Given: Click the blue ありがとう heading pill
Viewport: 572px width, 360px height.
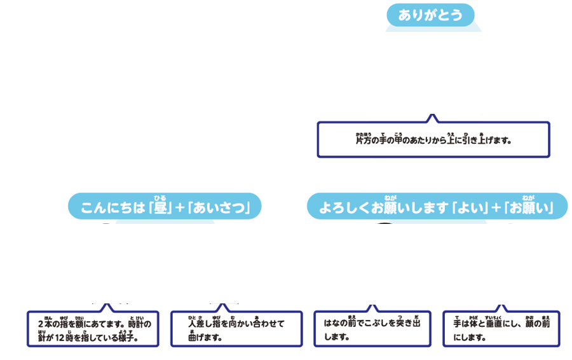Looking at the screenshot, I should click(430, 15).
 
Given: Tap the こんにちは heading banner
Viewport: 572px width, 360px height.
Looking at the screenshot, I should click(165, 207).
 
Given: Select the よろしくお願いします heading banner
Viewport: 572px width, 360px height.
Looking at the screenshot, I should click(437, 207).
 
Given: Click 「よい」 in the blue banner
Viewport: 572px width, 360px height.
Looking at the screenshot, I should click(470, 208).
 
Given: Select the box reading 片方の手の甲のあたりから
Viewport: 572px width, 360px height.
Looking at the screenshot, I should click(433, 139).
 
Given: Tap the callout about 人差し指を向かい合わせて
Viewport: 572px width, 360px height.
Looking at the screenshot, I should click(236, 329).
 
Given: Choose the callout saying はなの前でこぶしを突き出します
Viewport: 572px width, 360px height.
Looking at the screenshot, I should click(372, 329).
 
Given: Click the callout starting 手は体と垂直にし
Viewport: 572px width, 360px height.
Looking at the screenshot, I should click(501, 329).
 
